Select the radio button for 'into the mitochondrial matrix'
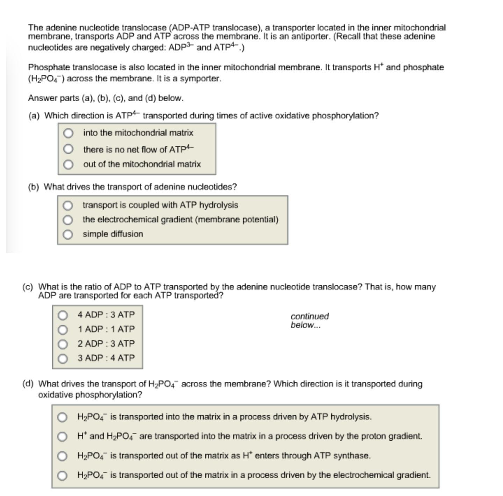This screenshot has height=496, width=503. pyautogui.click(x=68, y=133)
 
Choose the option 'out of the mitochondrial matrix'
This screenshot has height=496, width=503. pyautogui.click(x=68, y=164)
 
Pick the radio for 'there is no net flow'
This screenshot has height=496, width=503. pyautogui.click(x=68, y=149)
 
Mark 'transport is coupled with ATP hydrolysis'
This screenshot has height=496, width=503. pyautogui.click(x=68, y=205)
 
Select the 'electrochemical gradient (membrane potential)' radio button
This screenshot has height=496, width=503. pyautogui.click(x=68, y=220)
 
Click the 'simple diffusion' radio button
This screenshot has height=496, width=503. pyautogui.click(x=68, y=234)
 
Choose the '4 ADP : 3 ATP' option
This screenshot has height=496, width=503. pyautogui.click(x=63, y=315)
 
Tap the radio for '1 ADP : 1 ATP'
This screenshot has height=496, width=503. pyautogui.click(x=63, y=330)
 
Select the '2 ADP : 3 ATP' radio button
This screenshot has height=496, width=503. pyautogui.click(x=63, y=344)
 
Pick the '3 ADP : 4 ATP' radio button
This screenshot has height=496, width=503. pyautogui.click(x=63, y=358)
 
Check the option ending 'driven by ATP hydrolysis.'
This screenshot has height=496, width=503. pyautogui.click(x=62, y=417)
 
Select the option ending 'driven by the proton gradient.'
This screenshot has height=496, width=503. pyautogui.click(x=62, y=436)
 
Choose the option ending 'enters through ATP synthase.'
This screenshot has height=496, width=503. pyautogui.click(x=62, y=456)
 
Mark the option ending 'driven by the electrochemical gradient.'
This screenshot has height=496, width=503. pyautogui.click(x=62, y=475)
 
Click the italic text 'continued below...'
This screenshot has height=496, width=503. pyautogui.click(x=309, y=320)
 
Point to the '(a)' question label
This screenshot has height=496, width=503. pyautogui.click(x=34, y=116)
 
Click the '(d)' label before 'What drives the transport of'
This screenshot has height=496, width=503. pyautogui.click(x=28, y=384)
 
